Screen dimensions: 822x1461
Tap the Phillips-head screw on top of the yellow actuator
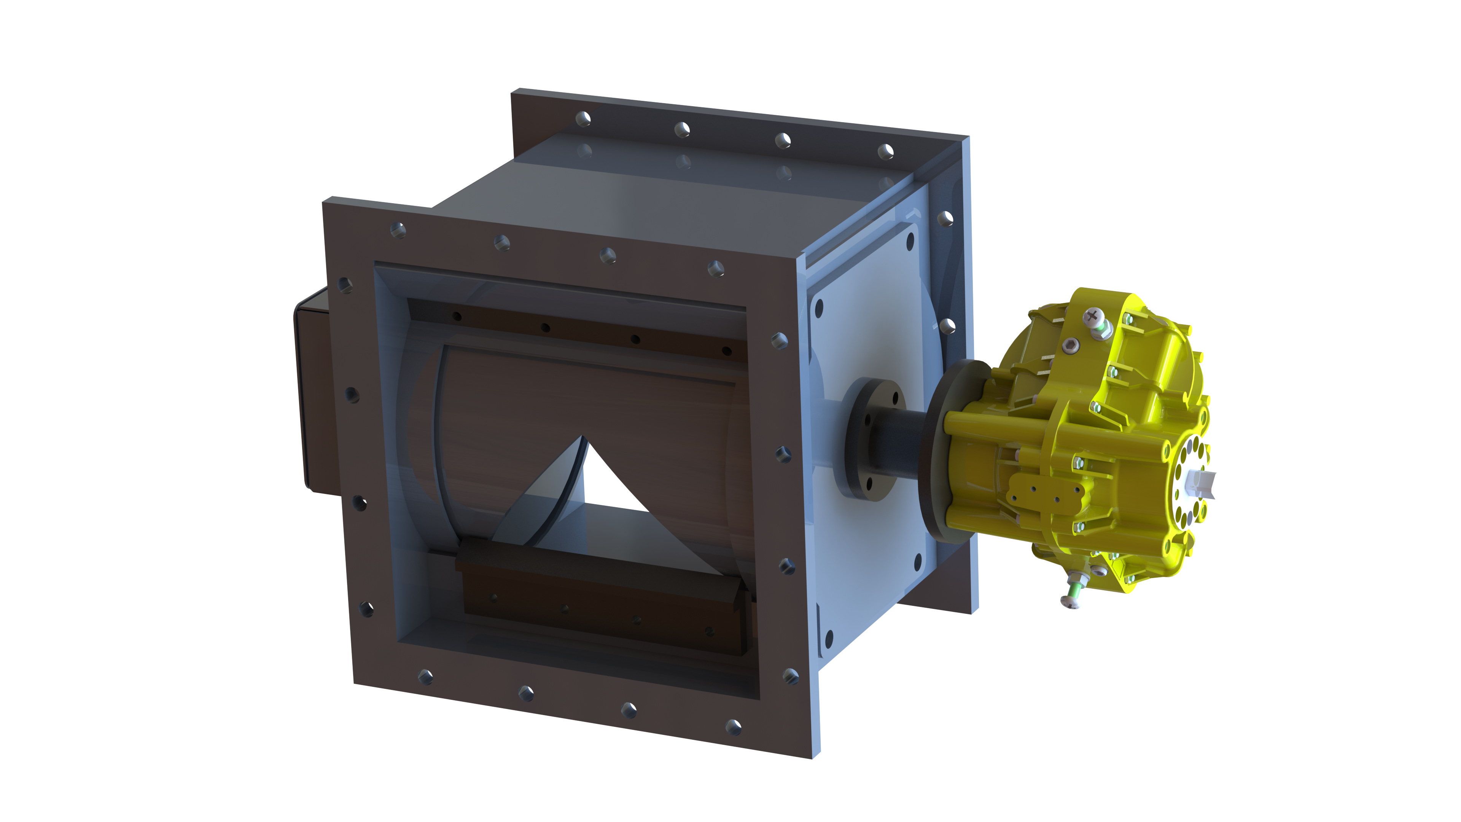click(1092, 316)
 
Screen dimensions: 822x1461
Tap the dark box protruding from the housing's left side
click(315, 392)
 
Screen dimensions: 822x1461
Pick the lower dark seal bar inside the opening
click(601, 601)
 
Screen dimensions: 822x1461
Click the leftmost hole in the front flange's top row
click(398, 230)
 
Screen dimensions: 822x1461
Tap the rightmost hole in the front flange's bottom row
click(733, 727)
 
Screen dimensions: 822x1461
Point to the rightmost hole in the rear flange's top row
click(885, 151)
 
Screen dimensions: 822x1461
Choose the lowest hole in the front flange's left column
click(366, 609)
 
